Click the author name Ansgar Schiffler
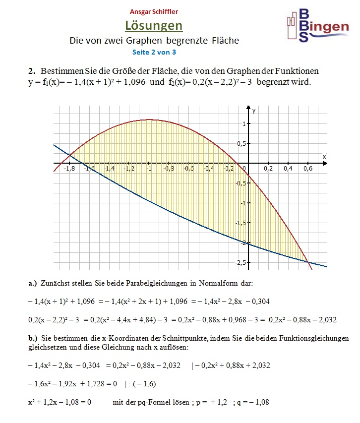(x=154, y=11)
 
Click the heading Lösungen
(x=154, y=25)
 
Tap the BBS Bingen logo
(x=317, y=25)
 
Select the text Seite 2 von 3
(x=154, y=52)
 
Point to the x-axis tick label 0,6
(x=308, y=169)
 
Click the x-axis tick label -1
(x=149, y=169)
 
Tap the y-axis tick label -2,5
(x=240, y=262)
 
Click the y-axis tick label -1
(x=242, y=203)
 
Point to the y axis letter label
(x=253, y=111)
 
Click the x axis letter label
(x=324, y=156)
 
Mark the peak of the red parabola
(x=149, y=119)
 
